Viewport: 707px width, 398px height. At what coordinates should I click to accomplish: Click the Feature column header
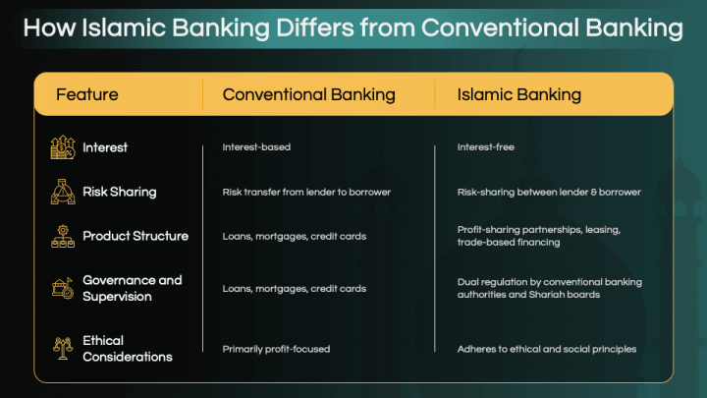click(87, 95)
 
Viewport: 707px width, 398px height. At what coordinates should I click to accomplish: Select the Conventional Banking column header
click(308, 95)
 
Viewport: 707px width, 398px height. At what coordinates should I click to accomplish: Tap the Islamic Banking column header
click(519, 95)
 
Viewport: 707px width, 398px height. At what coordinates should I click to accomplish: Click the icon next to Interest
click(63, 147)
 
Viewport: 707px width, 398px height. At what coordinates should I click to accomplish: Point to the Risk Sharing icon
click(63, 192)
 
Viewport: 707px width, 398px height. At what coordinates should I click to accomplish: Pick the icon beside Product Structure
click(63, 236)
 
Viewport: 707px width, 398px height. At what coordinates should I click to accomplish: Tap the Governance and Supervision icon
click(63, 288)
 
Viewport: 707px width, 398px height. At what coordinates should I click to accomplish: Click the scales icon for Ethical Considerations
click(63, 348)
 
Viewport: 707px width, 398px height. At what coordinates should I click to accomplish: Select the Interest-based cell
click(256, 147)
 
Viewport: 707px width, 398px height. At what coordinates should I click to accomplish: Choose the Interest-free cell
click(485, 147)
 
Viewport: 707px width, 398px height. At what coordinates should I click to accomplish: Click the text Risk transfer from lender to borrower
click(306, 192)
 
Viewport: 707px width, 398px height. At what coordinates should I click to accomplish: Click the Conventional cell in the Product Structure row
click(295, 236)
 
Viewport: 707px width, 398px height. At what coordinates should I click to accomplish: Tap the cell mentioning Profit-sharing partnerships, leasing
click(538, 236)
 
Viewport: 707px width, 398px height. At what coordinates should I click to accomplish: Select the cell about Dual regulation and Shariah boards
click(549, 288)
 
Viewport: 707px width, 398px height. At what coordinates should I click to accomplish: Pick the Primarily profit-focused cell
click(276, 349)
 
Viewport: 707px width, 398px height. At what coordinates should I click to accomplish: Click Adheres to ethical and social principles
click(547, 349)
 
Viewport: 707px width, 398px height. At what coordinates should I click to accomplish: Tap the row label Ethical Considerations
click(128, 348)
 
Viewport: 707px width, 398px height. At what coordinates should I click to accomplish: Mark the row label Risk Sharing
click(120, 192)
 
